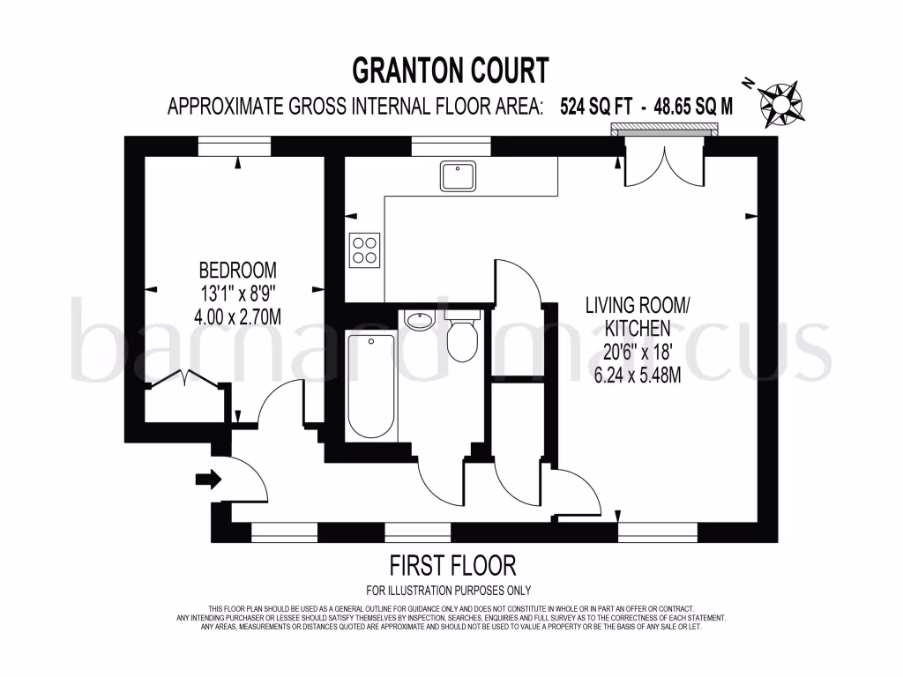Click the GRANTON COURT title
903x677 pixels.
click(451, 70)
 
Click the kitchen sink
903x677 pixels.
click(459, 176)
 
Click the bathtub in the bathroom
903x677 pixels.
click(370, 385)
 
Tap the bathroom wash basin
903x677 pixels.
click(419, 319)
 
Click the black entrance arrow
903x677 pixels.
click(208, 479)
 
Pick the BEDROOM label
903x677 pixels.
click(237, 269)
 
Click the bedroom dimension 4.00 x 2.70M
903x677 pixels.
click(237, 316)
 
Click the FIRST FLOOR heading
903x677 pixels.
click(452, 565)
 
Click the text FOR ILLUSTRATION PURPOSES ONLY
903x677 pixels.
click(448, 591)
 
